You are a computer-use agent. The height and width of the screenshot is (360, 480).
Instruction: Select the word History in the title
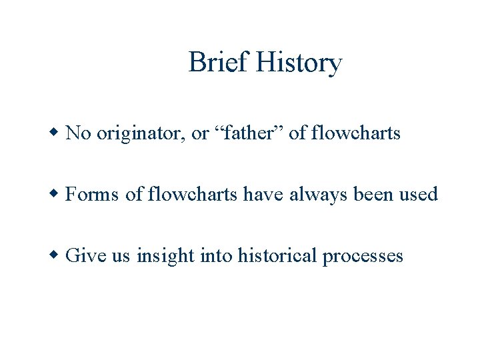pos(299,63)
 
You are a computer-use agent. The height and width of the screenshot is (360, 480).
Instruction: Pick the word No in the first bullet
pos(79,133)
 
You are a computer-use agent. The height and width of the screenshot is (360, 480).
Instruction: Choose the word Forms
pos(93,195)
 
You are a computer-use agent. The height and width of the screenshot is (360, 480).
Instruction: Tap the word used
pos(419,195)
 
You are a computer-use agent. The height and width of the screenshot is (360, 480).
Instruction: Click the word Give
pos(87,255)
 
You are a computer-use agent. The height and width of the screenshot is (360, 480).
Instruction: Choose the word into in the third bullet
pos(215,255)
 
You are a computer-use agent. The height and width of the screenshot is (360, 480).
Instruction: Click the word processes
pos(363,256)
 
